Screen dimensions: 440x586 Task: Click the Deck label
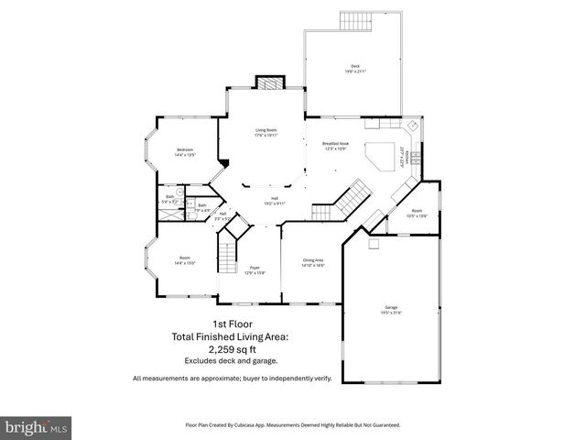coord(354,68)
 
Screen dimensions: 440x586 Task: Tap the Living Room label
coord(266,133)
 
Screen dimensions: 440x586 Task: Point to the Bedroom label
coord(184,153)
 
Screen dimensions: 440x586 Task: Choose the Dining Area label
coord(313,262)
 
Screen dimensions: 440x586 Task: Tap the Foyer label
coord(254,270)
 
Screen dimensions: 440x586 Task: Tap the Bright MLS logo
coord(36,427)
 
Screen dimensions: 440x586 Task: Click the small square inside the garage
coord(373,244)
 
